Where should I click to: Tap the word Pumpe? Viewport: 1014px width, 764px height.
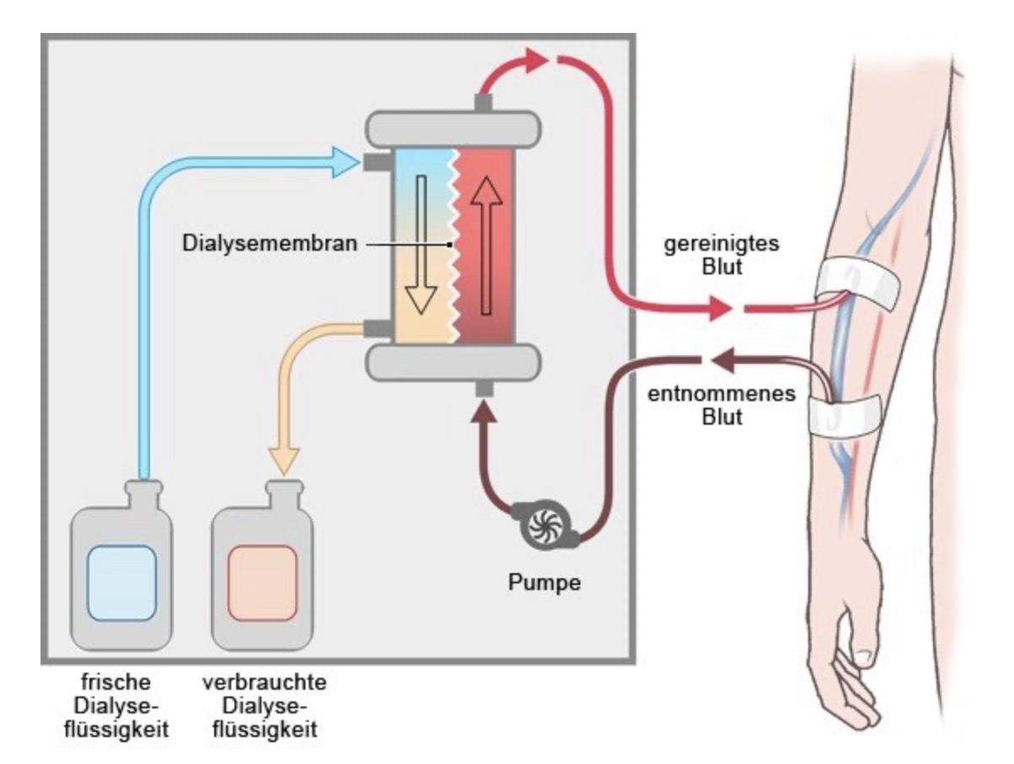point(545,582)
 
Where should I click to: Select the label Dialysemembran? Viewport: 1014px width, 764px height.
point(269,243)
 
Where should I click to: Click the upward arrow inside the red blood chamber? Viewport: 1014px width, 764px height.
point(488,245)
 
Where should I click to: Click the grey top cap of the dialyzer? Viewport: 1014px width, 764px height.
point(452,127)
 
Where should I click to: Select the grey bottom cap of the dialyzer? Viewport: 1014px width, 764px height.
point(452,361)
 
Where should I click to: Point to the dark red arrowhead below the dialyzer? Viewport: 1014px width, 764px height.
point(483,414)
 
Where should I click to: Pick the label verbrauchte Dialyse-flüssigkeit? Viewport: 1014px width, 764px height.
point(264,704)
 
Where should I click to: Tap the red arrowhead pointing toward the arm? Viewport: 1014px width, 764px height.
point(720,309)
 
